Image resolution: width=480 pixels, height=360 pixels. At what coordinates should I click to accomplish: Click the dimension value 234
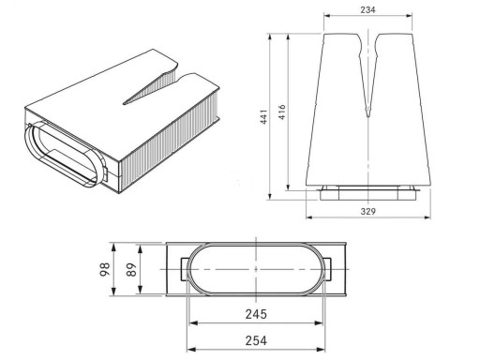[367, 10]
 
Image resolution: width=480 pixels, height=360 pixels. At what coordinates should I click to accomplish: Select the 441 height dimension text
[264, 116]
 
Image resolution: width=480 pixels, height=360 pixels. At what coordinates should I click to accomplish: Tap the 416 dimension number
[282, 112]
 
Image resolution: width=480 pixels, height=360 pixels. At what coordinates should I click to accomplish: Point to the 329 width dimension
[367, 212]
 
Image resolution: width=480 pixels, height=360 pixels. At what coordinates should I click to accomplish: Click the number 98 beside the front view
[105, 269]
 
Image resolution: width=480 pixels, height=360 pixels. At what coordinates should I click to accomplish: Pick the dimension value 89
[132, 269]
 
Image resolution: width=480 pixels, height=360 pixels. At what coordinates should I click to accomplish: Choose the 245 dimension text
[256, 314]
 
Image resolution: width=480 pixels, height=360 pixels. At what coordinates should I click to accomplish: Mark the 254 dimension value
[256, 340]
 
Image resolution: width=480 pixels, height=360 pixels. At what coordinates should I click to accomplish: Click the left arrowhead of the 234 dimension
[327, 16]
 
